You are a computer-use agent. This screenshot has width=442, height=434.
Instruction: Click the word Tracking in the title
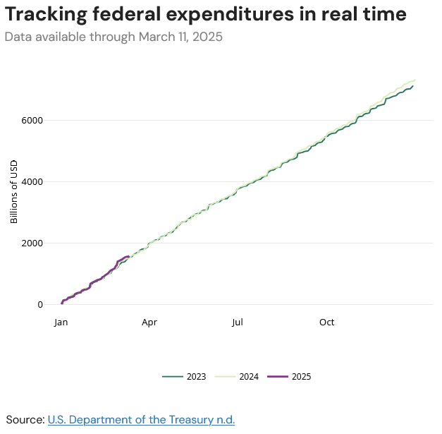47,14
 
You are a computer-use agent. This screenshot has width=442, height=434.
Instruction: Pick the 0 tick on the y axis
39,304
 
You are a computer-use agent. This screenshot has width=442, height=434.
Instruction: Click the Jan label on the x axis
61,323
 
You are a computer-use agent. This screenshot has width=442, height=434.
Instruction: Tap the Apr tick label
149,323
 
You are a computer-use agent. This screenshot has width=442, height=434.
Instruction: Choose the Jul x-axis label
238,323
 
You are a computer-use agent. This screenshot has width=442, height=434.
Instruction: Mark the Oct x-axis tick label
326,323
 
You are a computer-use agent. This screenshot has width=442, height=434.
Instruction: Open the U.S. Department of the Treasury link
141,420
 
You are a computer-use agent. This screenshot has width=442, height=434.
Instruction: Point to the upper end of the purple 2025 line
128,256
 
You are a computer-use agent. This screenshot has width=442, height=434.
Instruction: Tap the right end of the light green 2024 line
415,80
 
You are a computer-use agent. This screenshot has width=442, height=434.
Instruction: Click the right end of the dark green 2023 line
412,86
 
